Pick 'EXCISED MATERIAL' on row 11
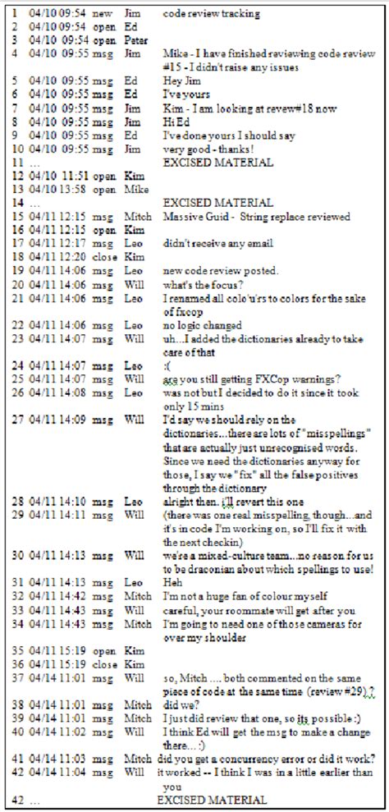click(x=217, y=163)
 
